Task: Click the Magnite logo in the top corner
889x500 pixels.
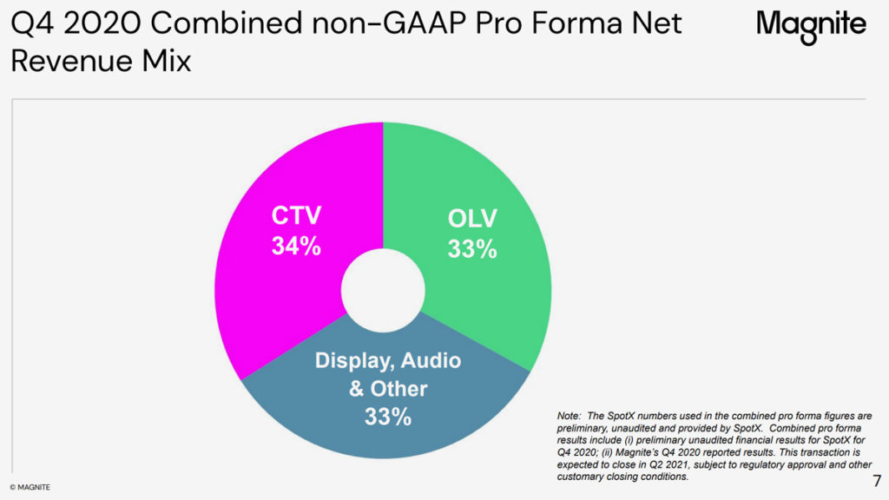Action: coord(811,25)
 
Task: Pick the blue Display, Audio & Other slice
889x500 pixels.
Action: coord(382,434)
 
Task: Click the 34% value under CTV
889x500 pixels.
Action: coord(296,247)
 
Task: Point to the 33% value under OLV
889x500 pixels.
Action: coord(472,249)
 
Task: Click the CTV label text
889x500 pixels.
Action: coord(296,214)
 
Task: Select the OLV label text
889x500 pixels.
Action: coord(472,218)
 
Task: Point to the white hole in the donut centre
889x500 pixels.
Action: coord(382,291)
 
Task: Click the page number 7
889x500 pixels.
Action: coord(876,481)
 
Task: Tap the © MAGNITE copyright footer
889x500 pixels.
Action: coord(30,488)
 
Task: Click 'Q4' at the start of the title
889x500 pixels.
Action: coord(29,24)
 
